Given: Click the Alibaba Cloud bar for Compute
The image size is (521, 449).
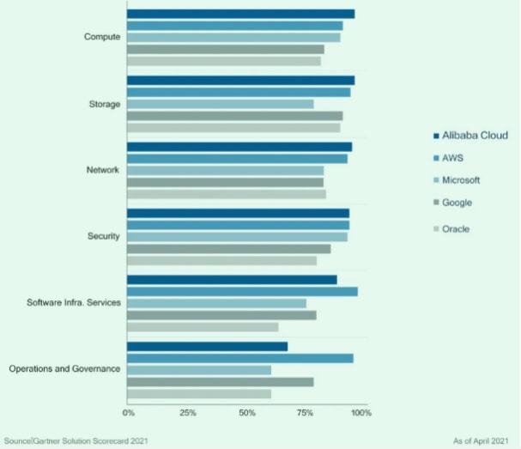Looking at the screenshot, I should pos(240,14).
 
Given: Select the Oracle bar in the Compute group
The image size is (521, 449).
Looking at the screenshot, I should pos(224,61).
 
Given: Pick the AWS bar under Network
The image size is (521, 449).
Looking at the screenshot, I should pos(237,159).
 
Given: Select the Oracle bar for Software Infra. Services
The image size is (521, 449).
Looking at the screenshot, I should pos(203,327).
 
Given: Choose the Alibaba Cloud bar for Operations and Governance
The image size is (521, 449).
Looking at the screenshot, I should pos(207,347).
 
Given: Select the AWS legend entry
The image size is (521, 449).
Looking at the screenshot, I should pos(455,158).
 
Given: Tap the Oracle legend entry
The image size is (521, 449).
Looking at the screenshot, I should pos(456,228).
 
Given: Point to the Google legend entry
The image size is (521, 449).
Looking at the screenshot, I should pos(457,203).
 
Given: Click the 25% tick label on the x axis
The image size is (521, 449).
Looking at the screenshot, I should pos(188,413).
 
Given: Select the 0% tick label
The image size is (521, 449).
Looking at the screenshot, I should pos(129,413).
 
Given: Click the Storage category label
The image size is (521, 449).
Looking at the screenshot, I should pos(104,105).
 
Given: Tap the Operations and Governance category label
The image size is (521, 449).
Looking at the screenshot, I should pos(64,369).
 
